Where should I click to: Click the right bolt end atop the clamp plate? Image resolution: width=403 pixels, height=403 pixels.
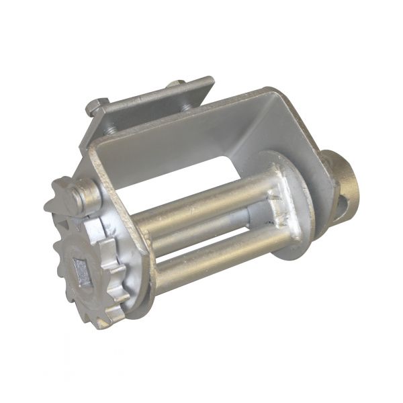pos(177,85)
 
